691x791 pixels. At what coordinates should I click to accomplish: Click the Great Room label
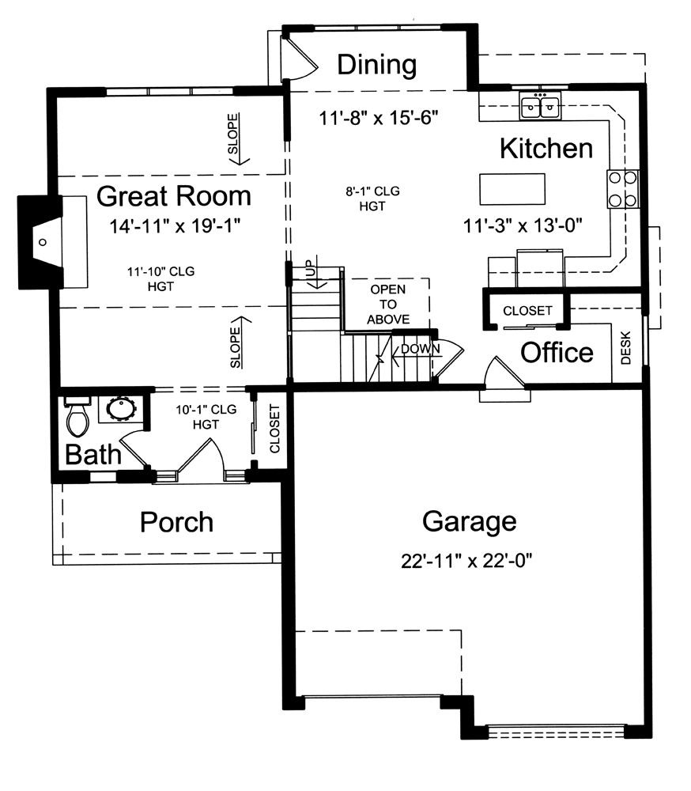pyautogui.click(x=173, y=195)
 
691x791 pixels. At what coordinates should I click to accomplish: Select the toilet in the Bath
pyautogui.click(x=77, y=418)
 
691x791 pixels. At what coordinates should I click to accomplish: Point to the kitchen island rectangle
pyautogui.click(x=512, y=189)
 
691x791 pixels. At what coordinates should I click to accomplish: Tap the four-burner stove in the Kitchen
pyautogui.click(x=622, y=189)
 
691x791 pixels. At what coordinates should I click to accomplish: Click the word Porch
pyautogui.click(x=176, y=522)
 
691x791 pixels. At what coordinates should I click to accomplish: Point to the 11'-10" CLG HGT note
pyautogui.click(x=160, y=278)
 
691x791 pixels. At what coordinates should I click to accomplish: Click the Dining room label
pyautogui.click(x=376, y=65)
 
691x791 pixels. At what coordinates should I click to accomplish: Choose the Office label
pyautogui.click(x=557, y=352)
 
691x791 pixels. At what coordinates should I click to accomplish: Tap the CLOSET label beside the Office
pyautogui.click(x=527, y=311)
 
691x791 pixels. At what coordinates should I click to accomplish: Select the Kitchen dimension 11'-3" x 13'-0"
pyautogui.click(x=523, y=225)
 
